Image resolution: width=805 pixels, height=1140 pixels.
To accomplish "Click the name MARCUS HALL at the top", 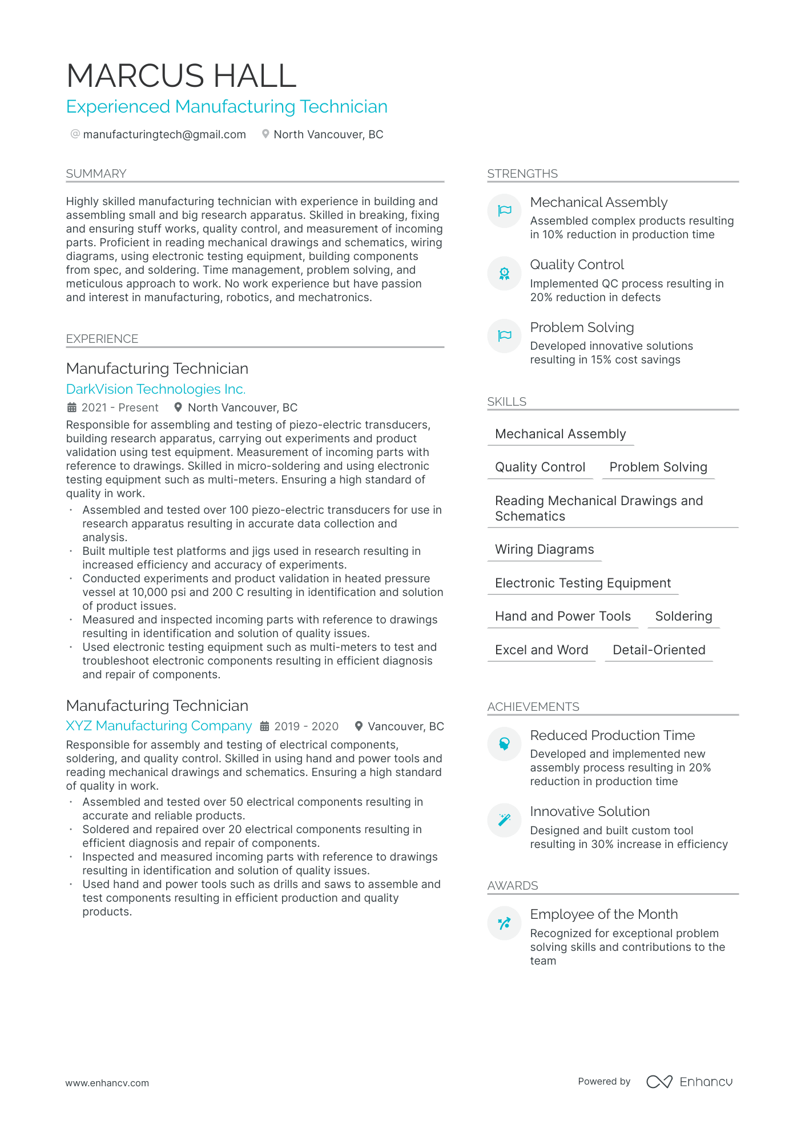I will pyautogui.click(x=181, y=75).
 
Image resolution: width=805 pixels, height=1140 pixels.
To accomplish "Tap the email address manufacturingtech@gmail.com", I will pyautogui.click(x=164, y=134).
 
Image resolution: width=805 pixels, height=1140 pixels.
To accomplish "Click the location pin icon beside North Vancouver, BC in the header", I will pyautogui.click(x=265, y=134).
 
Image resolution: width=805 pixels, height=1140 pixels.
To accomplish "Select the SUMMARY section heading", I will pyautogui.click(x=96, y=174).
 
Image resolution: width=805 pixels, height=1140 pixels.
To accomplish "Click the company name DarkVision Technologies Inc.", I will pyautogui.click(x=156, y=389).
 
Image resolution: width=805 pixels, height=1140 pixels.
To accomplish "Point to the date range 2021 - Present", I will pyautogui.click(x=120, y=407).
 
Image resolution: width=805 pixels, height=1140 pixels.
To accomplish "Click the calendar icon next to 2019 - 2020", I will pyautogui.click(x=264, y=726).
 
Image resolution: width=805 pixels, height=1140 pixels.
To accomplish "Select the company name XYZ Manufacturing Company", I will pyautogui.click(x=159, y=726).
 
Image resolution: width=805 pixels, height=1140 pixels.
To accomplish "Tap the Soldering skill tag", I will pyautogui.click(x=683, y=616).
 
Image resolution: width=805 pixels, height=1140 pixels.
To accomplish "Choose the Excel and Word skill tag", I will pyautogui.click(x=541, y=650).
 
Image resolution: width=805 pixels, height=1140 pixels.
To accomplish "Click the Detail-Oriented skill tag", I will pyautogui.click(x=659, y=650).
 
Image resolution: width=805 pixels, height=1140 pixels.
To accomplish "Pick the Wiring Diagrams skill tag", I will pyautogui.click(x=544, y=549).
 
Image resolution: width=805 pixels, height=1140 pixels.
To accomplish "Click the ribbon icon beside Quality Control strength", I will pyautogui.click(x=504, y=273).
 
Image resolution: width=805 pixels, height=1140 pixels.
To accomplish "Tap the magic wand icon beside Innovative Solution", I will pyautogui.click(x=504, y=820).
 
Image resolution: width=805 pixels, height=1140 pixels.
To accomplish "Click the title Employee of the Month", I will pyautogui.click(x=603, y=914).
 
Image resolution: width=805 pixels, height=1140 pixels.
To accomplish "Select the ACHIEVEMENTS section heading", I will pyautogui.click(x=533, y=707).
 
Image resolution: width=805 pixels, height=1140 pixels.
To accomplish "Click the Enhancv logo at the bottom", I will pyautogui.click(x=689, y=1082).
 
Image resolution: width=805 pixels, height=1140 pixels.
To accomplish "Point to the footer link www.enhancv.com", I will pyautogui.click(x=107, y=1083).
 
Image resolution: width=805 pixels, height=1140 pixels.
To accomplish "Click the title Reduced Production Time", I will pyautogui.click(x=612, y=735).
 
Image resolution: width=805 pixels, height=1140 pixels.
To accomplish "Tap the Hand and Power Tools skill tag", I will pyautogui.click(x=562, y=616).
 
